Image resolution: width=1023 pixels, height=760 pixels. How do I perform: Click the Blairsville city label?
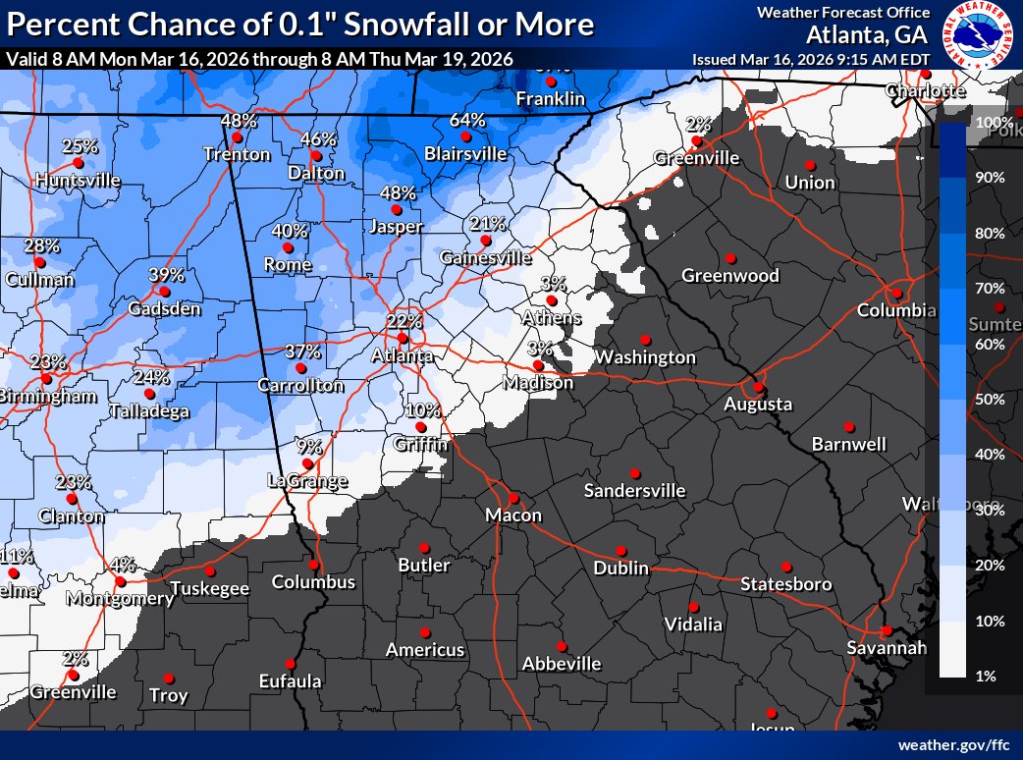tap(466, 154)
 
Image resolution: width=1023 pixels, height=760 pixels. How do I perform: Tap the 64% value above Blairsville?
tap(467, 120)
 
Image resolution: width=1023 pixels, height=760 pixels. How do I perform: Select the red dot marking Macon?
tap(512, 498)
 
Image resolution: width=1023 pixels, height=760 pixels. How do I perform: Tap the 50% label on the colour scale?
tap(989, 399)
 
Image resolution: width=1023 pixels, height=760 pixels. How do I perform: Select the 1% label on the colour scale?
tap(985, 676)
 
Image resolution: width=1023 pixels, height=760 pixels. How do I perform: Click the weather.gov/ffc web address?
tap(955, 744)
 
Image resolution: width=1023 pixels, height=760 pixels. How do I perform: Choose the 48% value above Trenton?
tap(239, 121)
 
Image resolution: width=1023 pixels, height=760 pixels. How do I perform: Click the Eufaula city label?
tap(290, 680)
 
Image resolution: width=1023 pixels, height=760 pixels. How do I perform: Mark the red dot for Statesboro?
tap(786, 567)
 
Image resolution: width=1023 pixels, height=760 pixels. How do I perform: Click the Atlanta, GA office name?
tap(869, 35)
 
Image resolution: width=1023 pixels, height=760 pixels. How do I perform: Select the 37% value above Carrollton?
tap(303, 351)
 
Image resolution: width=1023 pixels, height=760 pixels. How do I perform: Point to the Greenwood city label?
tap(730, 276)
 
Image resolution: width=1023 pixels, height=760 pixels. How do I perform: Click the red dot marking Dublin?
tap(621, 551)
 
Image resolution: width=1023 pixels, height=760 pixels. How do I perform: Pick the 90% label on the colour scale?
tap(989, 177)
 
